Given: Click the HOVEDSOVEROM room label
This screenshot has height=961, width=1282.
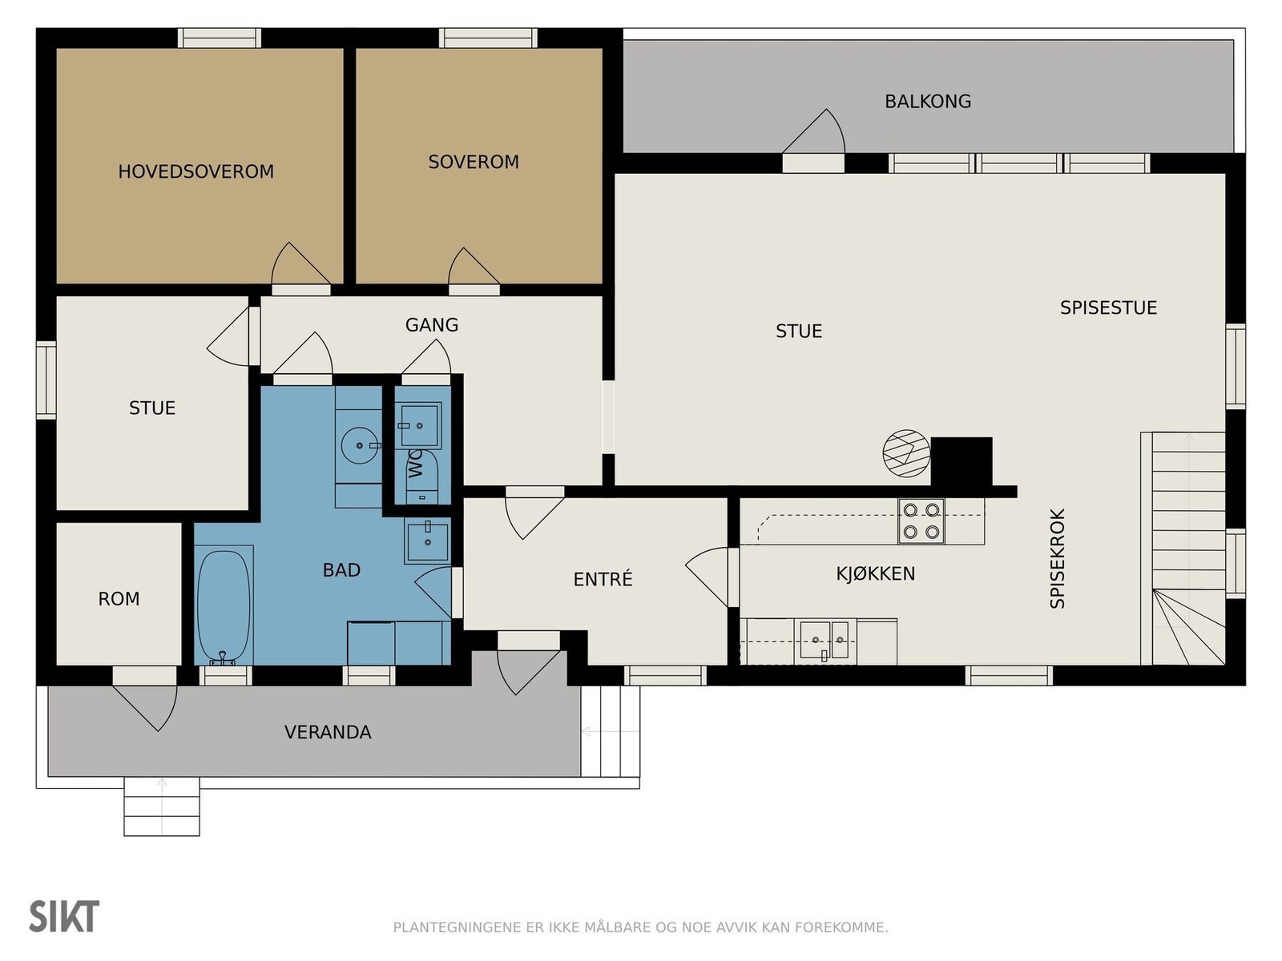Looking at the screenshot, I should [x=196, y=171].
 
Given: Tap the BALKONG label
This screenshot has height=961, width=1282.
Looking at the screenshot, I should [x=928, y=102].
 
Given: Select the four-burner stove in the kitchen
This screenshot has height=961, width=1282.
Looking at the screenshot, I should [x=921, y=521].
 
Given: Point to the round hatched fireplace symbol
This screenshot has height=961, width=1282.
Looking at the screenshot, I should [x=906, y=453].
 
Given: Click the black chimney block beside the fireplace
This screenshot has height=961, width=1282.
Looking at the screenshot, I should [x=961, y=461].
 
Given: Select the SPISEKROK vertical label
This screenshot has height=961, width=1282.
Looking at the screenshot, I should [x=1058, y=558].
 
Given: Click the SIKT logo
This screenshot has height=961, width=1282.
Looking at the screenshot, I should [x=64, y=916].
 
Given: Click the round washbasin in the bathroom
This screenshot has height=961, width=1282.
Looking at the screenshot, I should [x=360, y=445].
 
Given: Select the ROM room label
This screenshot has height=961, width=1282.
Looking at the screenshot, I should [x=119, y=599].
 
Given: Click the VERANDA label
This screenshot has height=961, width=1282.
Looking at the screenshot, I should [x=328, y=732].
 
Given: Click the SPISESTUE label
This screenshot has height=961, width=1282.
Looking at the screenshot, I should [x=1108, y=308].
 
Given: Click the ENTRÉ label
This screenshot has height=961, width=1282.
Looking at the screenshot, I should [x=603, y=579].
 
